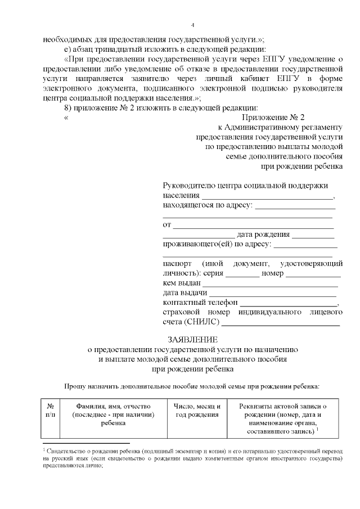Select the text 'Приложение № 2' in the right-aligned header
tap(273, 118)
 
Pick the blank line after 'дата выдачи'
tap(273, 292)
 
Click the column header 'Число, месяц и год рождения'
tap(197, 410)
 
